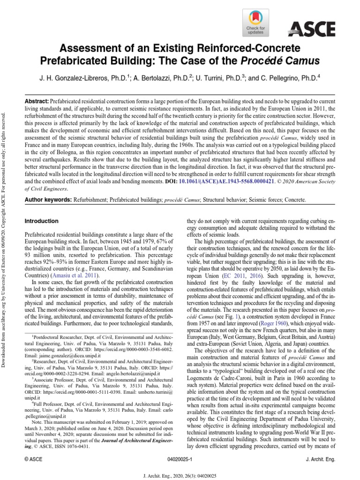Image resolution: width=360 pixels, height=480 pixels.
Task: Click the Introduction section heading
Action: coord(42,221)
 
